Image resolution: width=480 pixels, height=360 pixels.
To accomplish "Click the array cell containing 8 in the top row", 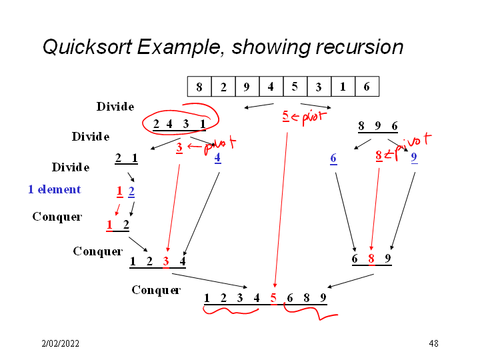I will pyautogui.click(x=199, y=87).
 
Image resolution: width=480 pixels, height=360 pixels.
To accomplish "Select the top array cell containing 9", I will pyautogui.click(x=247, y=87).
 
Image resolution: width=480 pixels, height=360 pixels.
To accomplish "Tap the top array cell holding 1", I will pyautogui.click(x=343, y=87).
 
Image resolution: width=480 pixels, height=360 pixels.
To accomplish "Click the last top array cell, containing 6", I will pyautogui.click(x=367, y=87).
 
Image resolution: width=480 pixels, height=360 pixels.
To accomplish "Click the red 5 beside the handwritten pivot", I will pyautogui.click(x=285, y=116).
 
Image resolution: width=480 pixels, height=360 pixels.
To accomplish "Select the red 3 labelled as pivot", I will pyautogui.click(x=179, y=148).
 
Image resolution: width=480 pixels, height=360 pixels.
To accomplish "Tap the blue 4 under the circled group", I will pyautogui.click(x=217, y=158).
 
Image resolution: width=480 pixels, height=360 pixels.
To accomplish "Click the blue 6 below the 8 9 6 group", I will pyautogui.click(x=333, y=158).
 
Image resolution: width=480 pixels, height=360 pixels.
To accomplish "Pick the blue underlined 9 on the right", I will pyautogui.click(x=414, y=158).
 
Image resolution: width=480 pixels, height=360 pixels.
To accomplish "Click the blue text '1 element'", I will pyautogui.click(x=54, y=189).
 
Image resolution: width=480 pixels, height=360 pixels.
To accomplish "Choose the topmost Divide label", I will pyautogui.click(x=115, y=107).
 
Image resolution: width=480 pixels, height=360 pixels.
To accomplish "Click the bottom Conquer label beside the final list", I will pyautogui.click(x=156, y=290).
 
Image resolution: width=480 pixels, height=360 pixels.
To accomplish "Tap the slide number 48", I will pyautogui.click(x=433, y=343).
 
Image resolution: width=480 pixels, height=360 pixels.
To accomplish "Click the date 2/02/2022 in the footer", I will pyautogui.click(x=61, y=343).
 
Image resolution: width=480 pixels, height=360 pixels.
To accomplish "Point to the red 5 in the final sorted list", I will pyautogui.click(x=273, y=298).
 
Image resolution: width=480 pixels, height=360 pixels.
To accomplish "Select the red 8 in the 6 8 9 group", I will pyautogui.click(x=372, y=258).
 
